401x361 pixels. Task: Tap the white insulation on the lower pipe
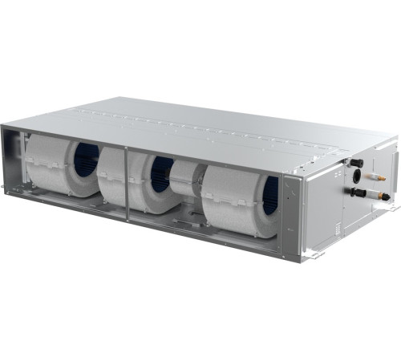click(372, 194)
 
